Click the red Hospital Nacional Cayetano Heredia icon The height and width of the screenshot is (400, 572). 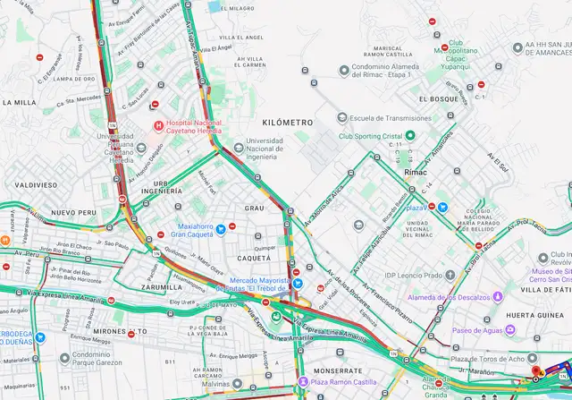(158, 125)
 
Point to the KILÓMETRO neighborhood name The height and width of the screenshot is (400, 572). (288, 121)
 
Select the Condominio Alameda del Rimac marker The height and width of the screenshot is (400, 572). (343, 70)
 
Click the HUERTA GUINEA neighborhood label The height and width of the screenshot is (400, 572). (537, 315)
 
